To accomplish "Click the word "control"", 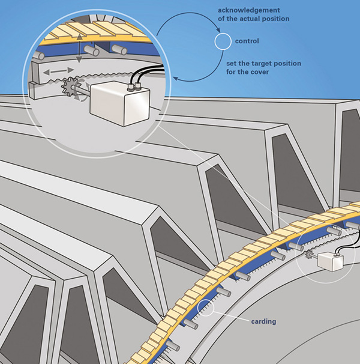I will (x=247, y=41).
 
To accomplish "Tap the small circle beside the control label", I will (x=223, y=41).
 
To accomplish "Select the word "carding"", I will (x=264, y=321).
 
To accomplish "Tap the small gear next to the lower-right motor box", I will (x=309, y=258).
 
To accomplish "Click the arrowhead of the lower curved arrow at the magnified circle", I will (x=175, y=77).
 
